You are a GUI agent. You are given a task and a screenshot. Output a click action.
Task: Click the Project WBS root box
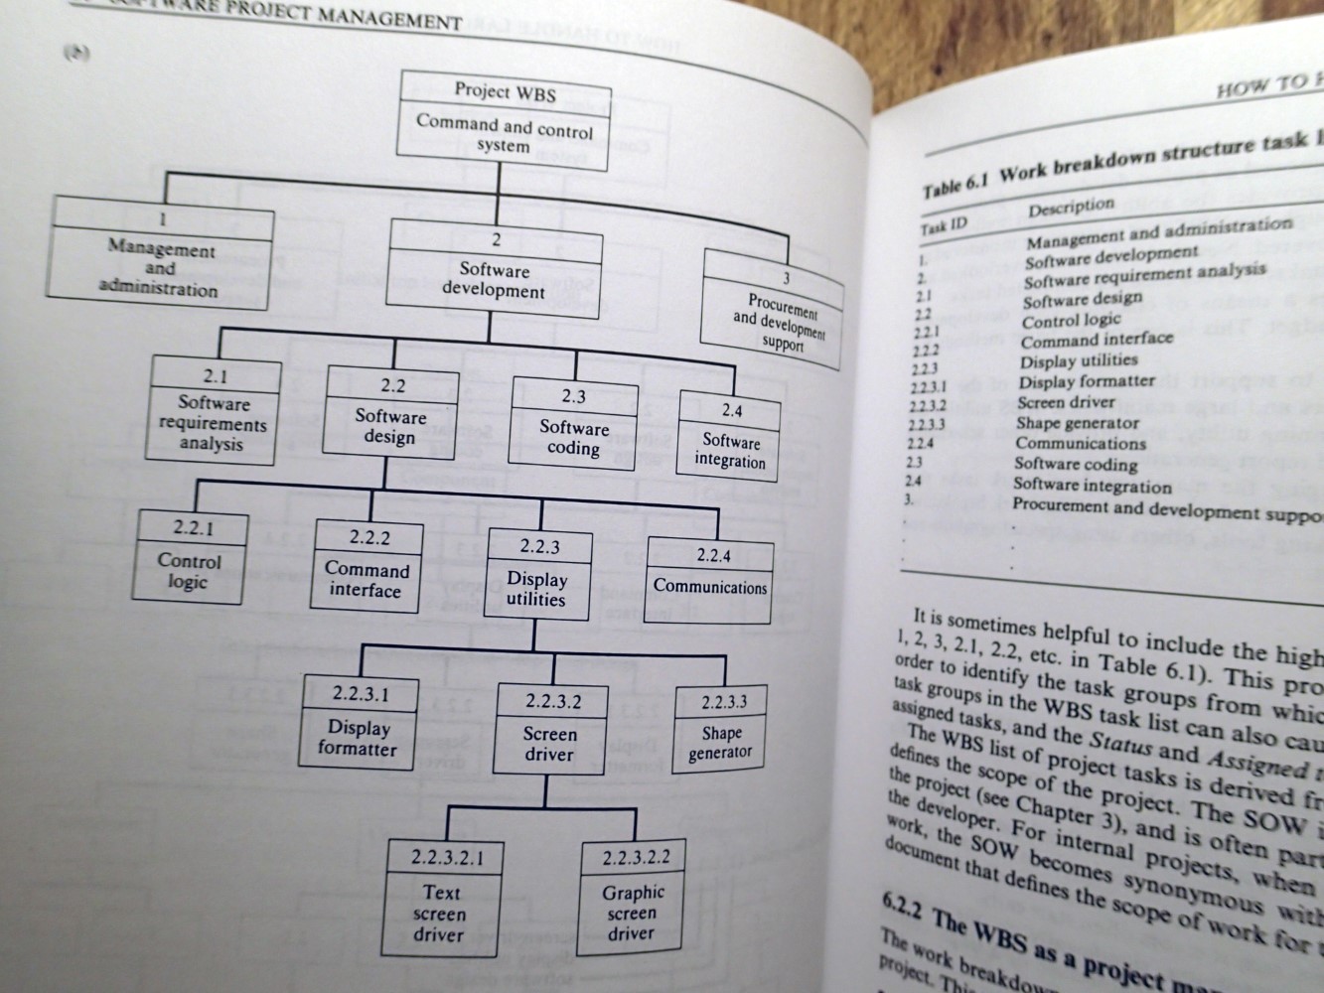(505, 120)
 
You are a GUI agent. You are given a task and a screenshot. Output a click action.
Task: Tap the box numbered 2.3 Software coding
(573, 424)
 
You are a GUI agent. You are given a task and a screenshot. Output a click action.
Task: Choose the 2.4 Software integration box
(730, 438)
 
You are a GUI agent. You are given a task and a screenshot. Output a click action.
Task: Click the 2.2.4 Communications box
(709, 579)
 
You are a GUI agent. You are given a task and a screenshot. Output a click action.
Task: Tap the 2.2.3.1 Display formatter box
(359, 722)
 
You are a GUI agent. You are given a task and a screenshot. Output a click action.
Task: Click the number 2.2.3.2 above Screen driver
(553, 701)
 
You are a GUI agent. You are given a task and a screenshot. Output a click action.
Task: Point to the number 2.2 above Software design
(392, 384)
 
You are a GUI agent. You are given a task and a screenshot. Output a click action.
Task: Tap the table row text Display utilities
(1079, 360)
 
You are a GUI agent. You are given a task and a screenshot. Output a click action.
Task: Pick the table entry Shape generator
(1078, 423)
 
